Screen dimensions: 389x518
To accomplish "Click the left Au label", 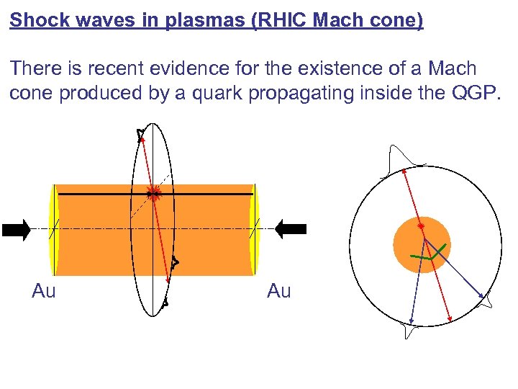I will pyautogui.click(x=43, y=291).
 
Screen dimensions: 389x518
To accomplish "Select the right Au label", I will pyautogui.click(x=278, y=291).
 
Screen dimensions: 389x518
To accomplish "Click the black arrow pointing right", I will pyautogui.click(x=16, y=230).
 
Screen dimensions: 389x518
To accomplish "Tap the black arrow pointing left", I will pyautogui.click(x=292, y=229).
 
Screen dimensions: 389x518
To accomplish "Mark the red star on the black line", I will pyautogui.click(x=153, y=193).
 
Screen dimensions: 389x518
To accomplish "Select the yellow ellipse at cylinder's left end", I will pyautogui.click(x=53, y=229).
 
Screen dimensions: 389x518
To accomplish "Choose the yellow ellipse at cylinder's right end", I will pyautogui.click(x=254, y=229).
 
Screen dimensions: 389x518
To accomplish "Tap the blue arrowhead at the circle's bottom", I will pyautogui.click(x=411, y=321).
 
